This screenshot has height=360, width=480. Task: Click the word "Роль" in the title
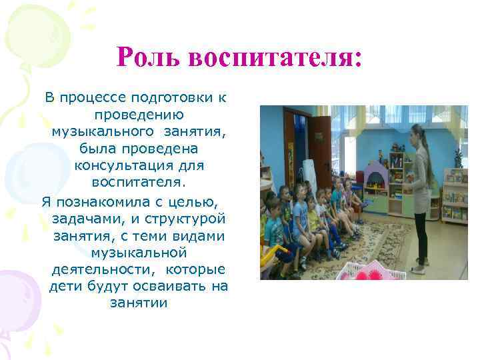[x=148, y=57]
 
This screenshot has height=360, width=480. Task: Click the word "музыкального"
[x=102, y=130]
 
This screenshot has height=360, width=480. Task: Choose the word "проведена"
[x=167, y=147]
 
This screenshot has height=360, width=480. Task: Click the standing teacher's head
[x=418, y=131]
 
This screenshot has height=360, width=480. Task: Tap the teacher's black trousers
[x=420, y=233]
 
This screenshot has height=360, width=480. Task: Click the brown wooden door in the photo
[x=321, y=153]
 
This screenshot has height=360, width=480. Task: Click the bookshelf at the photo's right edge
[x=455, y=193]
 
